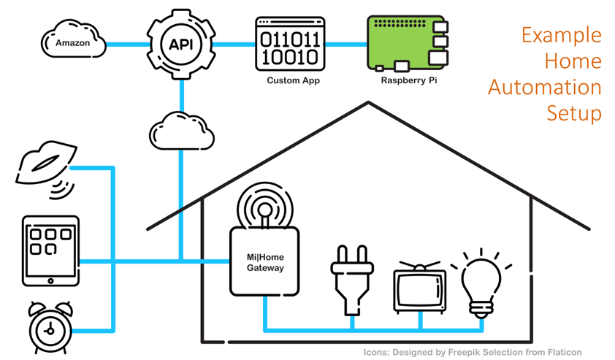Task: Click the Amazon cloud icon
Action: pyautogui.click(x=73, y=41)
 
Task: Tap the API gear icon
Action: pyautogui.click(x=180, y=44)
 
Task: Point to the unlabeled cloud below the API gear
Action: pyautogui.click(x=182, y=131)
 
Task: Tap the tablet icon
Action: pyautogui.click(x=50, y=250)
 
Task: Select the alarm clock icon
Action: pyautogui.click(x=50, y=329)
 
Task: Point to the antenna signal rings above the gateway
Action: pyautogui.click(x=265, y=204)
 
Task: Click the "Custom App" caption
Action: pyautogui.click(x=293, y=80)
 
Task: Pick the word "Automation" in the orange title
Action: pyautogui.click(x=544, y=87)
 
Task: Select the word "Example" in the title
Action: pyautogui.click(x=562, y=34)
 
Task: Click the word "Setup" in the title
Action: pyautogui.click(x=574, y=113)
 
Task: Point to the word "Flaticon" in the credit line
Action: pyautogui.click(x=561, y=352)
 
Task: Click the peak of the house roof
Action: pyautogui.click(x=368, y=102)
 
